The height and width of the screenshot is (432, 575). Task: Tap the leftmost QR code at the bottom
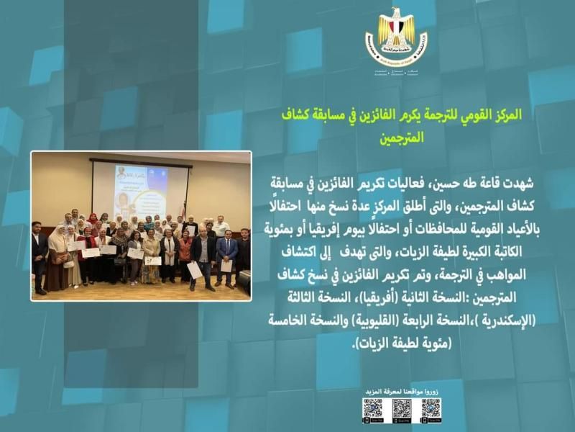tap(372, 409)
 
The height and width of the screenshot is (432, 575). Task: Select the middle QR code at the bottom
tap(402, 409)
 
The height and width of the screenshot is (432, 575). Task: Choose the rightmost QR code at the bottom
tap(431, 409)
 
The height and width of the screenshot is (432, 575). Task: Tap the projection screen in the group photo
tap(140, 189)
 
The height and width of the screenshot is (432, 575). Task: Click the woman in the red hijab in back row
tap(92, 220)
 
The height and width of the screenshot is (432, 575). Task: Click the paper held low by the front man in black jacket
tap(194, 270)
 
